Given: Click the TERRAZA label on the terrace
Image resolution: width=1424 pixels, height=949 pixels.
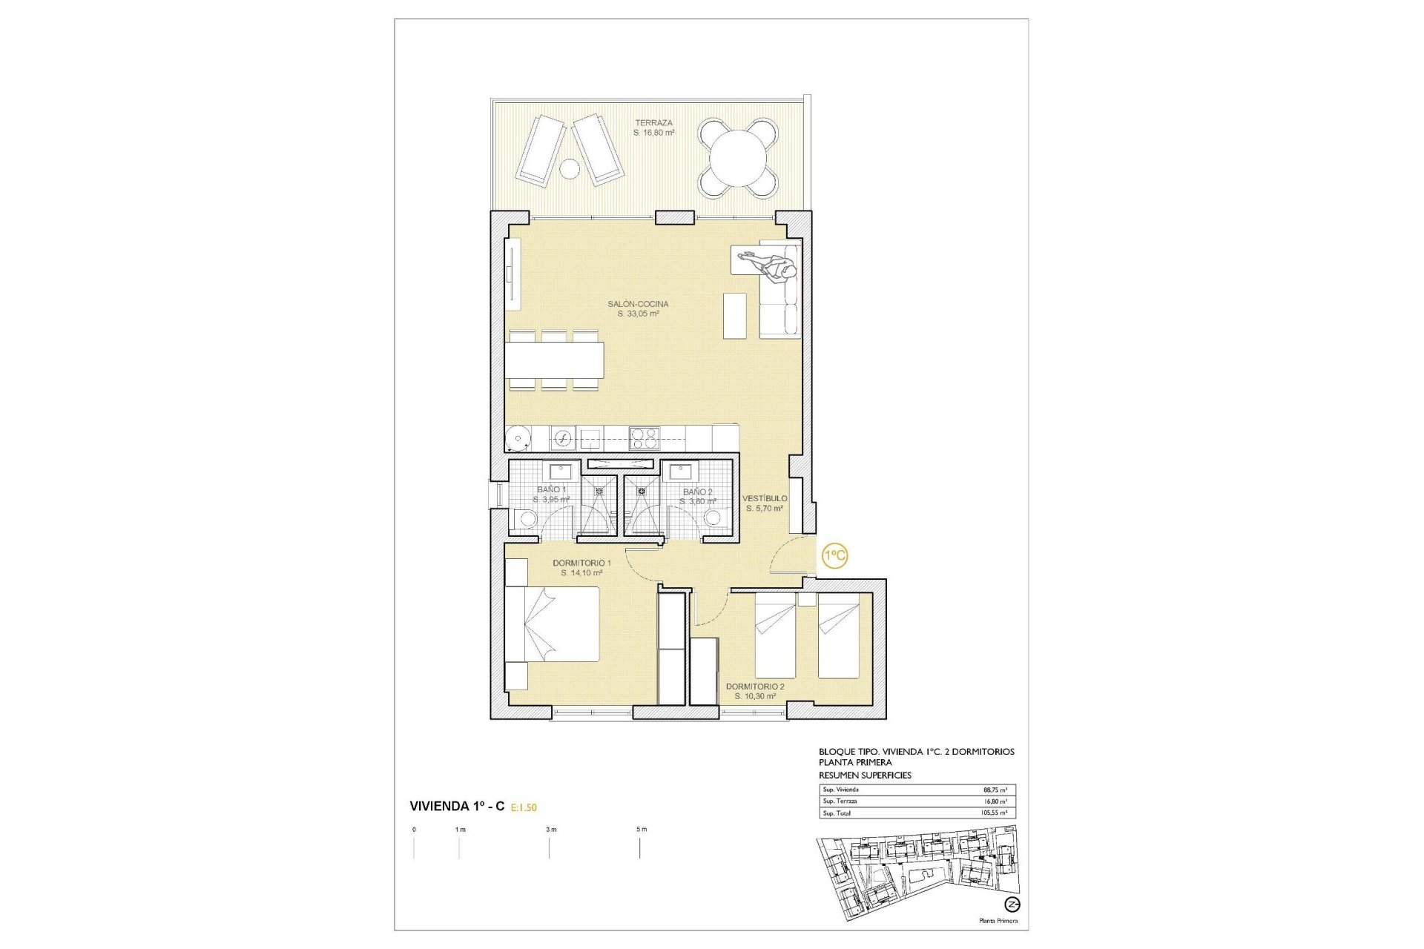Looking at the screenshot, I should pos(653,123).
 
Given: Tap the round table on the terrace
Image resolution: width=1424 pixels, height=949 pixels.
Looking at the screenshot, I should pos(738,159).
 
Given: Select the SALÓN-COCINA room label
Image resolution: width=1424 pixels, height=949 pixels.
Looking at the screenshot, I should pos(638,304).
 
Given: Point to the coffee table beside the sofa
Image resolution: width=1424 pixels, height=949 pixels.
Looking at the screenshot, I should pos(734,316).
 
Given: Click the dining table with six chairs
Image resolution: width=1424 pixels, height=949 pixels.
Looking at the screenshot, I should pos(556,360).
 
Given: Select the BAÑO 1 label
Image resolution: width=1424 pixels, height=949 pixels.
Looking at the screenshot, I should pos(552,490).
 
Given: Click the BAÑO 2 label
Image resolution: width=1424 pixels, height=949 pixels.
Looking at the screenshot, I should pos(697,492).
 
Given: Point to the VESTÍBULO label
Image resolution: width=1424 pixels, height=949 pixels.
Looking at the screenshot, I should pos(765,499).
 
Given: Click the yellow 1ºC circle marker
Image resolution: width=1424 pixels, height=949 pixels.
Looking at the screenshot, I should pos(835,555).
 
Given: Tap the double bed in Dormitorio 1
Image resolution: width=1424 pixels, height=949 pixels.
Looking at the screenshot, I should pos(553,624).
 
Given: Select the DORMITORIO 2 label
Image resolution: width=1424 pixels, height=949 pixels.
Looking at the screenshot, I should pos(755,687).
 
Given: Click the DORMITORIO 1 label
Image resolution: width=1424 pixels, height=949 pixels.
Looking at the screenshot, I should pos(581,563).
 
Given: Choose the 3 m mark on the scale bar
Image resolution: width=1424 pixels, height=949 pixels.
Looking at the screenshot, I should pos(550,830).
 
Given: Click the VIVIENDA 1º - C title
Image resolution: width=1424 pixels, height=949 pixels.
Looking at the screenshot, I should pos(457,807).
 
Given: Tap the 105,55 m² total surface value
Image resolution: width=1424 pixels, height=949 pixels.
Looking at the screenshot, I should pos(993,813).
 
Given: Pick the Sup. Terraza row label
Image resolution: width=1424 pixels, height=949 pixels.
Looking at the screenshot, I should pos(840,801).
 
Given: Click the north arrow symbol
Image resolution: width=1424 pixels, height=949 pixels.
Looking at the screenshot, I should pos(1012,905).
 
